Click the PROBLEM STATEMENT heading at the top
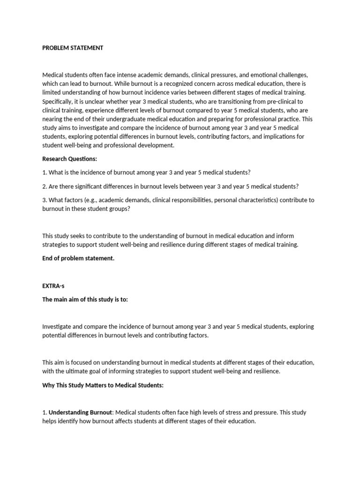pos(73,48)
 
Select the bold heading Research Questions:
pos(69,159)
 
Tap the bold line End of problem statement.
pos(78,258)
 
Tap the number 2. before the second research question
pos(45,186)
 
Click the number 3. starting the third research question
pos(45,200)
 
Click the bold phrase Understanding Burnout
pos(80,412)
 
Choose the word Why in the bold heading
pos(48,389)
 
